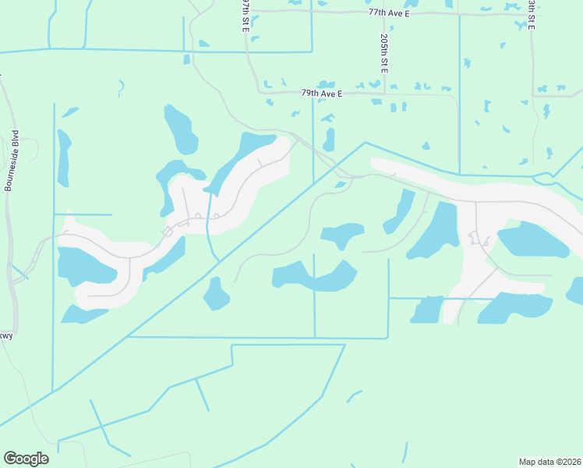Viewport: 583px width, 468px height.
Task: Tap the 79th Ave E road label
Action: pos(323,94)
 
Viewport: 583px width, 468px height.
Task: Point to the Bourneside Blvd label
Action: pos(11,161)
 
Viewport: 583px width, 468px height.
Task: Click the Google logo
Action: pos(26,459)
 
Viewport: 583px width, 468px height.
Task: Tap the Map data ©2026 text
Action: pos(550,461)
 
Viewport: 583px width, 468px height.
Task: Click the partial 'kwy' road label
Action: pos(6,336)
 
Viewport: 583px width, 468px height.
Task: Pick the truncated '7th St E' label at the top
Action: pos(245,16)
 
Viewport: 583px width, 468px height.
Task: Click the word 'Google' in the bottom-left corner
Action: pos(26,459)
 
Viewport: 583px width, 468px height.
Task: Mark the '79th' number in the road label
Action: pos(309,94)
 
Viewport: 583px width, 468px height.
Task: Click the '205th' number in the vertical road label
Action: pos(385,44)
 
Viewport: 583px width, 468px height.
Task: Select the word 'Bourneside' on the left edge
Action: pos(10,171)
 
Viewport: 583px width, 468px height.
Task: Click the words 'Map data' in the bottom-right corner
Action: pos(537,461)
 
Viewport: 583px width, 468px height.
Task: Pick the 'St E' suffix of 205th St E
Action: pos(385,65)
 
